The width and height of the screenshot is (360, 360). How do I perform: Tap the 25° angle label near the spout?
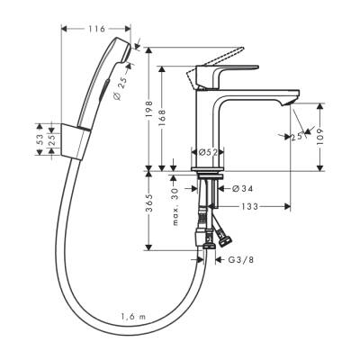click(298, 135)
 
